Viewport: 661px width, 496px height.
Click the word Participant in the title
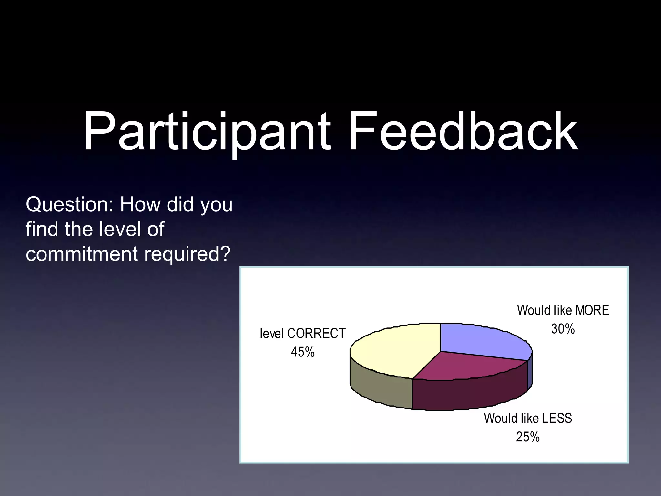point(207,132)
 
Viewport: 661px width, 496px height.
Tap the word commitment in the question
point(82,254)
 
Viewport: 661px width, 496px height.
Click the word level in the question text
point(121,229)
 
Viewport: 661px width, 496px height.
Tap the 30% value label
point(563,329)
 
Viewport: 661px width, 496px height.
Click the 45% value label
point(302,352)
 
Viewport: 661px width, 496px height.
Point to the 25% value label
point(528,437)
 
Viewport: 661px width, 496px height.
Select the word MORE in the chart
point(592,310)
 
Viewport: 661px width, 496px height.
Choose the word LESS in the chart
point(557,418)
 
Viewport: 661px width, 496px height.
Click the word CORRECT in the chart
point(316,334)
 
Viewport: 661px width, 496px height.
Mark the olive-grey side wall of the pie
point(381,387)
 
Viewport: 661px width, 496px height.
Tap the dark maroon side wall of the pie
point(468,396)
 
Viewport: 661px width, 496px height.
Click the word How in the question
point(140,205)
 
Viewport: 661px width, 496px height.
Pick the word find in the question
point(43,229)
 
